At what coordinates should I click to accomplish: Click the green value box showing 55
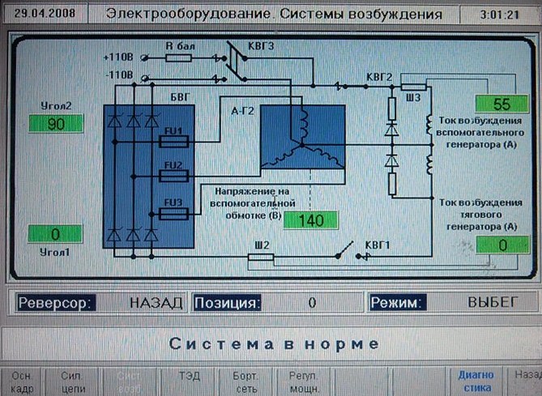[x=501, y=104]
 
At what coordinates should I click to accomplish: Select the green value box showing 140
[x=309, y=220]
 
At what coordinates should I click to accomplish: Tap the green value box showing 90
[x=56, y=124]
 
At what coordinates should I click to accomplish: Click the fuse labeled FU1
[x=175, y=141]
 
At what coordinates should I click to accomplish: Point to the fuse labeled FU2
[x=175, y=177]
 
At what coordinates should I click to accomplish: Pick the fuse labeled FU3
[x=175, y=214]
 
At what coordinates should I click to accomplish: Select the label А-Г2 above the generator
[x=242, y=111]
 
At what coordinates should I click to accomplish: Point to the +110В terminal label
[x=117, y=57]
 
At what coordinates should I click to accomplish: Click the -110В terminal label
[x=117, y=75]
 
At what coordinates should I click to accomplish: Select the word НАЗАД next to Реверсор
[x=156, y=303]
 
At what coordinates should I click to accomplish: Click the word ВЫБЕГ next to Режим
[x=492, y=302]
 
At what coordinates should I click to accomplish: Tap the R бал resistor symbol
[x=177, y=57]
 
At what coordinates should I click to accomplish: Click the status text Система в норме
[x=273, y=343]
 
